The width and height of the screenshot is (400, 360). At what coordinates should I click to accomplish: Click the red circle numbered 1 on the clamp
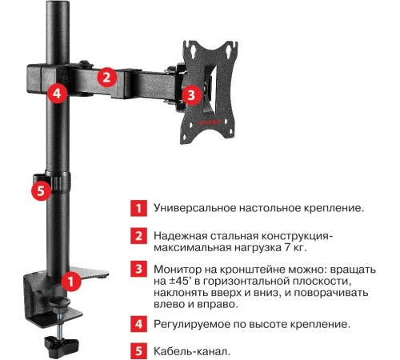[71, 282]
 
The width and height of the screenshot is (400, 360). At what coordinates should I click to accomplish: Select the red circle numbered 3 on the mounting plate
[189, 95]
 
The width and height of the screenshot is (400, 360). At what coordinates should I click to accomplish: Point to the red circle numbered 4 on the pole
[54, 92]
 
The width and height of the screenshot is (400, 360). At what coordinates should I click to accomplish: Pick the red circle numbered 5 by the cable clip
[43, 191]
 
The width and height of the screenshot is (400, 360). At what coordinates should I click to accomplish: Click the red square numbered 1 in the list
[138, 208]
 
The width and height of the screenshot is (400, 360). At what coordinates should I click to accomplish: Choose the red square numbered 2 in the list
[138, 236]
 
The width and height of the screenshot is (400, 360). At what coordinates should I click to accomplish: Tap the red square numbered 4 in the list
[138, 326]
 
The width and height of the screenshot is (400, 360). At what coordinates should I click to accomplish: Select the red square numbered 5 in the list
[138, 350]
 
